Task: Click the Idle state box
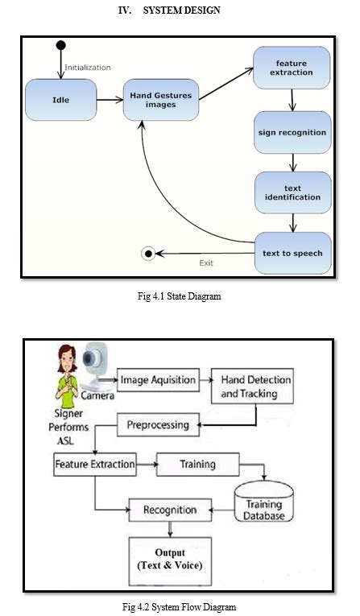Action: (61, 100)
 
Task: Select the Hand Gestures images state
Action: (161, 100)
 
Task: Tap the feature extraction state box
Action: (292, 68)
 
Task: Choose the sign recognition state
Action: (292, 132)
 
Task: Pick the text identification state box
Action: (293, 192)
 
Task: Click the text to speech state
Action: (293, 253)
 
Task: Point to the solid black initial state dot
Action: (61, 45)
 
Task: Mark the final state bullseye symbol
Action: (148, 254)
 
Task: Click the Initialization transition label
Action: (88, 68)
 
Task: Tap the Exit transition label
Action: (206, 263)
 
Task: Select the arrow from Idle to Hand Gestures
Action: (110, 100)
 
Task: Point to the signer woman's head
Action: (67, 358)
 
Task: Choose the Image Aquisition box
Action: (158, 380)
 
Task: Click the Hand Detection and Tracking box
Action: (252, 386)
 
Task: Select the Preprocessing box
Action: (158, 424)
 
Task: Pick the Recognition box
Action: (170, 510)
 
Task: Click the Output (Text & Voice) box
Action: (170, 560)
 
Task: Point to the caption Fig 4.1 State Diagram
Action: (180, 296)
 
